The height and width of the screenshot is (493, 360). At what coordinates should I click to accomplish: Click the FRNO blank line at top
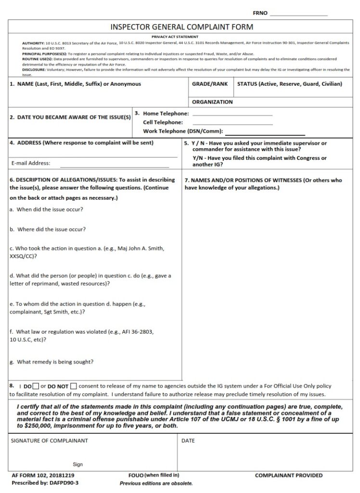click(x=298, y=14)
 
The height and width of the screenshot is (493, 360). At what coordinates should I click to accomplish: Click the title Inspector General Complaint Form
click(x=181, y=27)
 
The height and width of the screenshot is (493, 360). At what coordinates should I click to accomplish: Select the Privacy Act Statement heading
click(x=181, y=37)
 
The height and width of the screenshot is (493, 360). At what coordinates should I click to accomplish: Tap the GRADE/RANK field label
click(x=209, y=84)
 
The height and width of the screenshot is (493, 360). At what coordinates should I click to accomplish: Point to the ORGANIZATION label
click(x=212, y=102)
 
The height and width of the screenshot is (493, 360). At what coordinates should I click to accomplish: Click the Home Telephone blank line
click(x=232, y=115)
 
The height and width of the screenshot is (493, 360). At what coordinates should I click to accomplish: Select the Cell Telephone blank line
click(x=232, y=123)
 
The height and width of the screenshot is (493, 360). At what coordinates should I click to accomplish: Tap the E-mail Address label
click(x=31, y=163)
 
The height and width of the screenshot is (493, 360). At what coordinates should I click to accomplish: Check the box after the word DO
click(x=36, y=386)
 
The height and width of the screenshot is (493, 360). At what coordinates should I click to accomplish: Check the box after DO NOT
click(x=73, y=386)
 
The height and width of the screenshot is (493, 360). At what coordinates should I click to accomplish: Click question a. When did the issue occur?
click(x=46, y=209)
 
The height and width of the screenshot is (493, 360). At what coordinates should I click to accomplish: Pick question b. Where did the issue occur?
click(x=48, y=230)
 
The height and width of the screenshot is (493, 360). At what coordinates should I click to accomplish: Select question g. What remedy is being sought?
click(x=51, y=362)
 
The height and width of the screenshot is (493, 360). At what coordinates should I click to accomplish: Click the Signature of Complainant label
click(x=50, y=441)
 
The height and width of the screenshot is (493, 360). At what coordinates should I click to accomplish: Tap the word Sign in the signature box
click(x=77, y=465)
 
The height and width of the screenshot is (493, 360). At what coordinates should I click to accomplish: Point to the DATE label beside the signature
click(x=188, y=441)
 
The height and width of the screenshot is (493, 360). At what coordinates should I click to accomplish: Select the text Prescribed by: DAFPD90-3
click(x=44, y=482)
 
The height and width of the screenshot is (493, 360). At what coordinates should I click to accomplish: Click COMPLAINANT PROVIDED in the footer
click(x=288, y=476)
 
